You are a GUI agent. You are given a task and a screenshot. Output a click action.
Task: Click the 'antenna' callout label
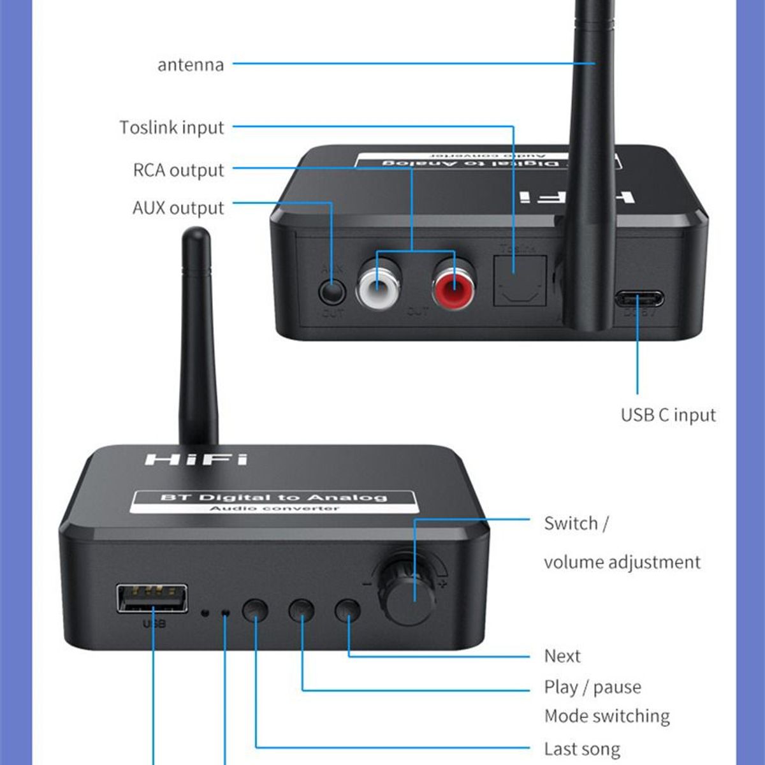coord(191,65)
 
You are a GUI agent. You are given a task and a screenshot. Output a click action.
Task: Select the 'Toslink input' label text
coord(172,127)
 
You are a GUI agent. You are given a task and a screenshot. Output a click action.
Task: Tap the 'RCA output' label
coord(178,170)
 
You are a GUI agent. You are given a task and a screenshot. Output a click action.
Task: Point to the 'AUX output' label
coord(178,208)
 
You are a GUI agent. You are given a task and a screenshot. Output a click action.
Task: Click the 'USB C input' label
coord(668,415)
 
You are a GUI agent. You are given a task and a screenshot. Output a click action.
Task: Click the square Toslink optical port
coord(520,280)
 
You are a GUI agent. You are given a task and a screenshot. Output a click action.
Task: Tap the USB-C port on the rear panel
coord(639,298)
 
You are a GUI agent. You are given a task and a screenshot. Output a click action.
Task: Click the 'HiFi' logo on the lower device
coord(196,459)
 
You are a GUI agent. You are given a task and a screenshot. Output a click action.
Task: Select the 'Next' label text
coord(562,656)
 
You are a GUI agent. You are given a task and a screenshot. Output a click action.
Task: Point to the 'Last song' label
coord(581,749)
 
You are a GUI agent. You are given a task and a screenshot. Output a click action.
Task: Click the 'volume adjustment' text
coord(622,562)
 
